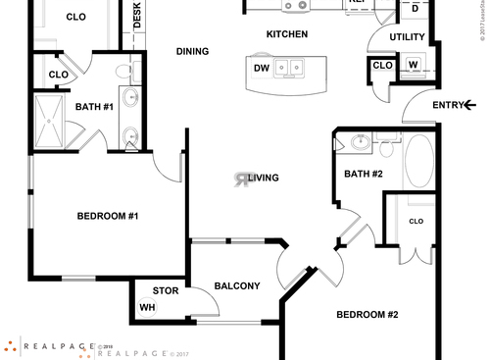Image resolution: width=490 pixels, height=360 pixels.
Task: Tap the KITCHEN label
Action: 287,34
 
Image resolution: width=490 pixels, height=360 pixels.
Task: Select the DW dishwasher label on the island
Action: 262,68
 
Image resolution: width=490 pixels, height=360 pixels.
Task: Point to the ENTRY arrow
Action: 470,105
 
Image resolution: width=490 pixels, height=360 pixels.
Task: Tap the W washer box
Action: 413,66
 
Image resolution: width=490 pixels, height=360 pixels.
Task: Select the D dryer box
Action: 416,9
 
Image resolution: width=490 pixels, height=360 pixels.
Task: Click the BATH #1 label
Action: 94,106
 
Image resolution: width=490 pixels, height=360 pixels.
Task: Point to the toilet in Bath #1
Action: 124,71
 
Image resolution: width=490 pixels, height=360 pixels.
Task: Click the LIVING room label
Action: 264,178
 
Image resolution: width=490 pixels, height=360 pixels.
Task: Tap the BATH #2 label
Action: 362,174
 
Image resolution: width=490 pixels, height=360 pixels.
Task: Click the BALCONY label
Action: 236,286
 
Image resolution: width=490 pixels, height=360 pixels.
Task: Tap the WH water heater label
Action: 148,307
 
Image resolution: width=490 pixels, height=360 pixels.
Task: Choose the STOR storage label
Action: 166,290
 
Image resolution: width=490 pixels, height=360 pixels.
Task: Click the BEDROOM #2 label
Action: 367,315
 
